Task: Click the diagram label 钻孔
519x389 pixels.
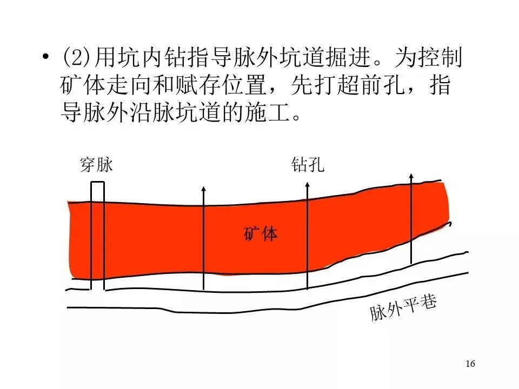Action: click(x=307, y=164)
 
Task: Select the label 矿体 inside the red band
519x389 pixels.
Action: click(x=261, y=233)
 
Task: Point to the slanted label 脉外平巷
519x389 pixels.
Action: click(x=403, y=308)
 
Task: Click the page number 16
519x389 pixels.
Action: click(x=470, y=363)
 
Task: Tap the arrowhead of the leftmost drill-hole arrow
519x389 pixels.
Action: click(x=203, y=189)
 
